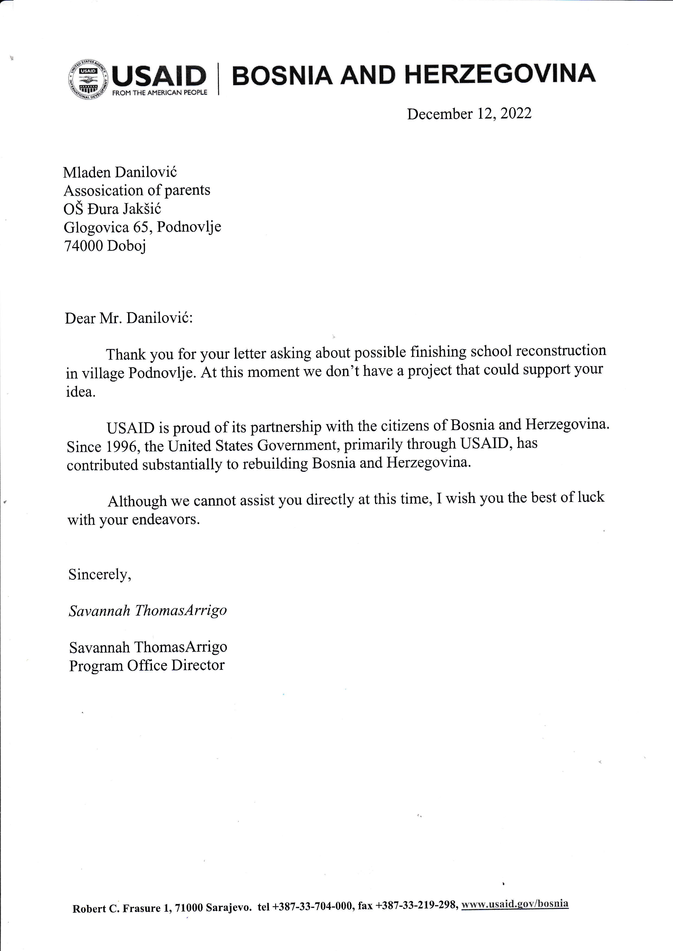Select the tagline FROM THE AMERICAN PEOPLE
160,93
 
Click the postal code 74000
83,246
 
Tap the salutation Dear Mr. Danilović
128,318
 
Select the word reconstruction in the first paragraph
561,351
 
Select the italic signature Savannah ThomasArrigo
148,610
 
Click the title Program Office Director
147,665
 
